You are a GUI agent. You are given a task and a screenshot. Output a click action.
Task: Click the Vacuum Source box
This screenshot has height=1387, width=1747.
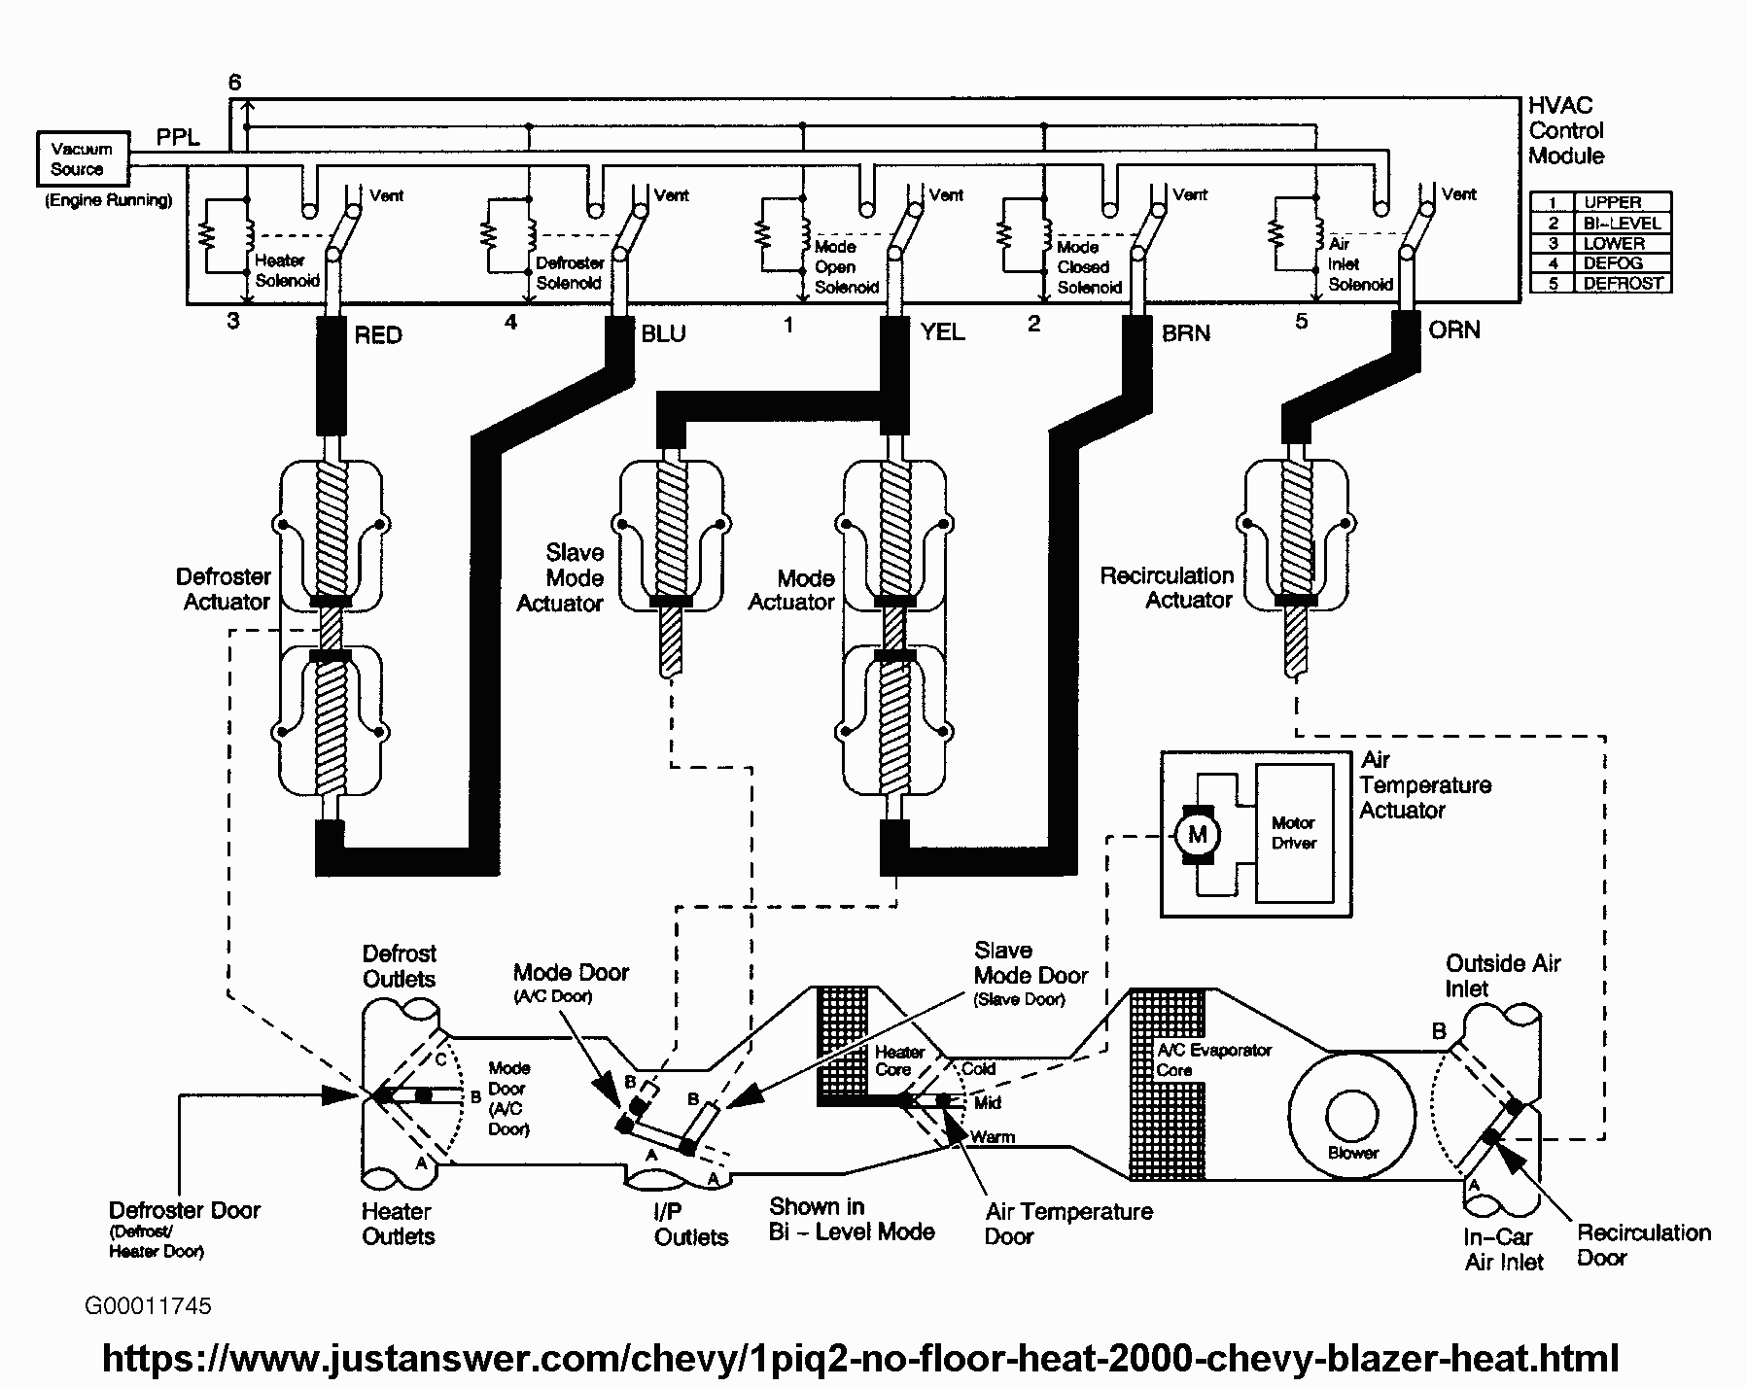(83, 159)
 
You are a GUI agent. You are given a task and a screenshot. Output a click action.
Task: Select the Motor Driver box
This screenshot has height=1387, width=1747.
(1294, 833)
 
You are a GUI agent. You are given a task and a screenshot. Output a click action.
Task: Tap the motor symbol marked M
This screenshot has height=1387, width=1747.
(1197, 834)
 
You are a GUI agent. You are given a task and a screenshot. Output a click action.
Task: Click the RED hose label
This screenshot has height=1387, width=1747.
(378, 335)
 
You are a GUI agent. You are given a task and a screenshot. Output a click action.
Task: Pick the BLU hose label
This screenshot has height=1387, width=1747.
(664, 333)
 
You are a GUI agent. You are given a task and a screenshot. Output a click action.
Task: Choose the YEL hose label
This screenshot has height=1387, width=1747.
(942, 332)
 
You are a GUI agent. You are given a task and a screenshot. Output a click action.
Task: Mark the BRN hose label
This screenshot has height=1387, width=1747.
(1186, 333)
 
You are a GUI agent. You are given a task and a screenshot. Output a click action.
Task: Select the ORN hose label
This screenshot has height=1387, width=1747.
(1454, 330)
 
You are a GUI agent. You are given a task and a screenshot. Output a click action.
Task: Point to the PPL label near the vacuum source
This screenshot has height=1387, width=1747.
(179, 137)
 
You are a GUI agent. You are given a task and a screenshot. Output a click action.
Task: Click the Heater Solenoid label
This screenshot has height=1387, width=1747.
(287, 270)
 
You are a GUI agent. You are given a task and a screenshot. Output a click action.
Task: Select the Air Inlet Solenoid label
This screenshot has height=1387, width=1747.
(1360, 264)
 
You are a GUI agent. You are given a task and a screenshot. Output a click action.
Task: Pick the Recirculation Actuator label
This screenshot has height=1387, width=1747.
(1167, 588)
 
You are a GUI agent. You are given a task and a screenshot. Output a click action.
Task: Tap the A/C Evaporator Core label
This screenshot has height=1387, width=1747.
(1214, 1059)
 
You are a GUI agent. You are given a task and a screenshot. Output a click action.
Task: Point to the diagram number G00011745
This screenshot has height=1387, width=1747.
(148, 1305)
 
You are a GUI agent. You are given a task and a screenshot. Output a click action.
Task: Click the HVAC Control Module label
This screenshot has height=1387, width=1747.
(1566, 130)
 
